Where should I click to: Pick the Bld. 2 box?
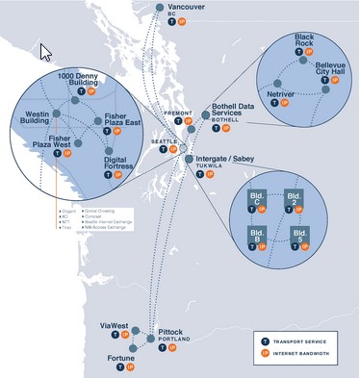296,203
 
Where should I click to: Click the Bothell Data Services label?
235,114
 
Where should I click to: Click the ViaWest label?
115,326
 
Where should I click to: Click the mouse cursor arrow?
45,50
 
